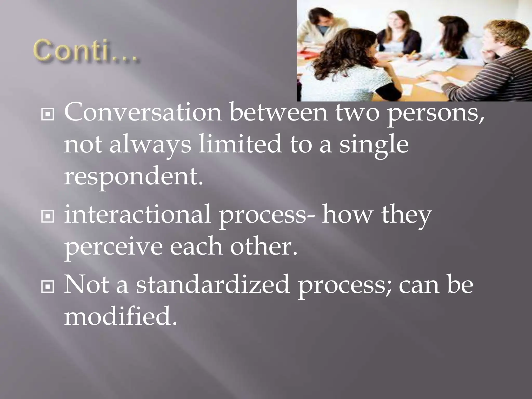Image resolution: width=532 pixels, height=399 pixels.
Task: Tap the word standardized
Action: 213,285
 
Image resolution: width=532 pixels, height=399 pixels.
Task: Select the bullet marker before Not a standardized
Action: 48,287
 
